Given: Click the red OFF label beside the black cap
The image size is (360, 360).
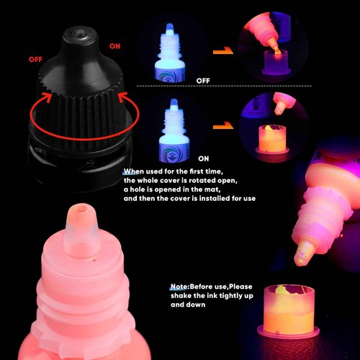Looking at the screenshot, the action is click(x=35, y=59).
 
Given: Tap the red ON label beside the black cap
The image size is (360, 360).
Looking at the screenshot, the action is click(x=114, y=46).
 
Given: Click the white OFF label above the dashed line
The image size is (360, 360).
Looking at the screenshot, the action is click(x=203, y=81).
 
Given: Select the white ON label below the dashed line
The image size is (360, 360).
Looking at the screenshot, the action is click(x=204, y=158).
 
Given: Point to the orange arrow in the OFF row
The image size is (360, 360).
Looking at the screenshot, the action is click(x=223, y=50).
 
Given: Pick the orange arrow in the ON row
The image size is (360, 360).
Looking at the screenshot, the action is click(x=223, y=125).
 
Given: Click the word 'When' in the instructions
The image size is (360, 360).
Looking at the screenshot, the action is click(x=133, y=171).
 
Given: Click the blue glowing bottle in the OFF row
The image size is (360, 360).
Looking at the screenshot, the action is click(x=170, y=54).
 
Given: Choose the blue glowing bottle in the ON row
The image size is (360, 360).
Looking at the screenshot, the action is click(x=174, y=131).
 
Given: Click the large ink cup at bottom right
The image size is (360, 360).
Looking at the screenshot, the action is click(x=289, y=312).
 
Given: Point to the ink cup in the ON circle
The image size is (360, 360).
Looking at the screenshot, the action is click(x=272, y=140).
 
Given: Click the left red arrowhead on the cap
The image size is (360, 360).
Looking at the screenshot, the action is click(x=48, y=96).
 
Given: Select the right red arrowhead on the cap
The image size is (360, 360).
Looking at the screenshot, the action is click(x=123, y=97).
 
